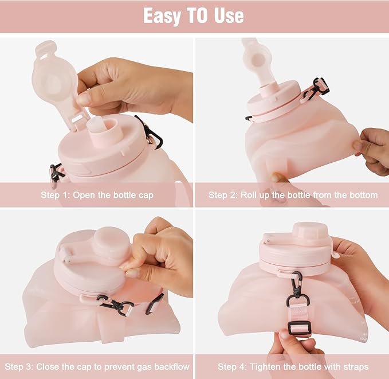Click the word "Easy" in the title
pyautogui.click(x=162, y=15)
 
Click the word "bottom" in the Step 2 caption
pyautogui.click(x=362, y=195)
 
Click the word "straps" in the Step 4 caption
pyautogui.click(x=355, y=366)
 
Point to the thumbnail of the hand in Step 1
pyautogui.click(x=85, y=98)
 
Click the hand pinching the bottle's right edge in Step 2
pyautogui.click(x=372, y=150)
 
